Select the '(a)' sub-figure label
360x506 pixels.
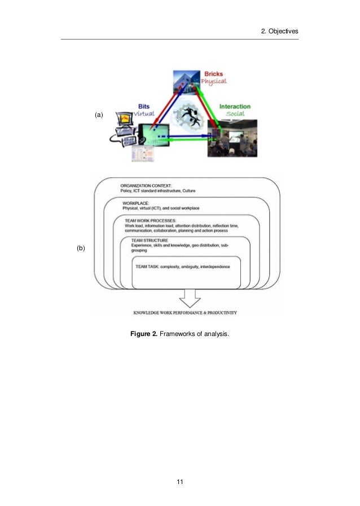tap(99, 115)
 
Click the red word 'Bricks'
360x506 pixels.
tap(213, 73)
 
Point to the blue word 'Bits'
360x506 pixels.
tap(144, 105)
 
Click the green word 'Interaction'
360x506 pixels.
tap(235, 106)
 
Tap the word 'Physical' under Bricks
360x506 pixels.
tap(214, 81)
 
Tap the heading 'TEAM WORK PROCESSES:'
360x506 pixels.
tap(151, 220)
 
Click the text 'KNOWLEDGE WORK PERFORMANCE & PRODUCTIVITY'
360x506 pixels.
tap(185, 312)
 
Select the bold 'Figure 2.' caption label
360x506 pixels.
tap(144, 335)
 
